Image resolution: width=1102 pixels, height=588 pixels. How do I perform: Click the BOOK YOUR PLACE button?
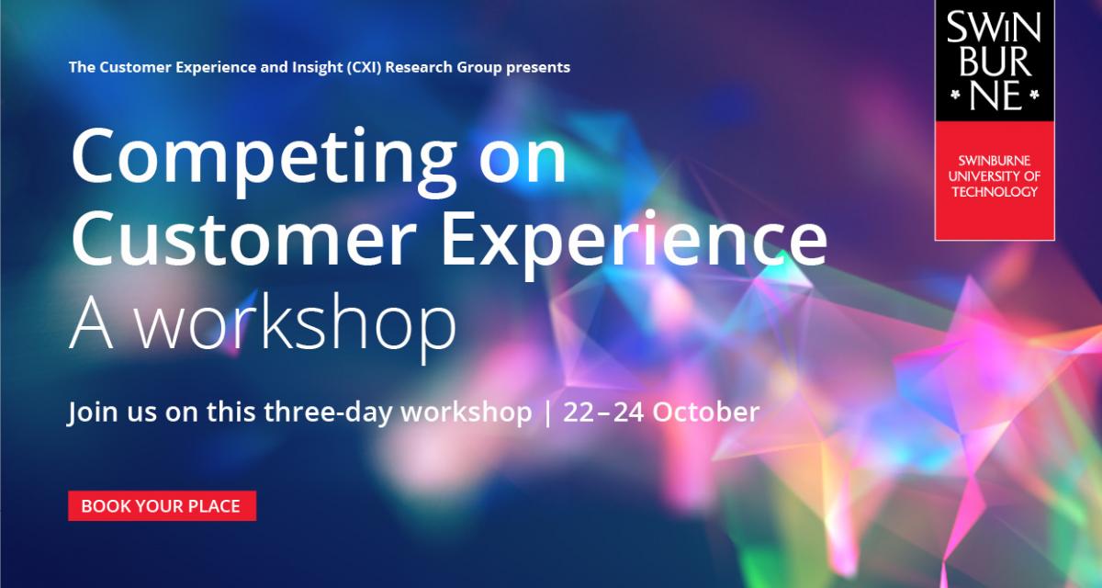click(x=162, y=506)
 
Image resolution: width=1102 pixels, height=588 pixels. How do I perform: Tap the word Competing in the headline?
click(x=264, y=161)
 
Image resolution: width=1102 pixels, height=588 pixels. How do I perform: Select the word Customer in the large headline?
click(x=244, y=239)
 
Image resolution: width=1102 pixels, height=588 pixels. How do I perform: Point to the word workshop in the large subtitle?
click(x=295, y=327)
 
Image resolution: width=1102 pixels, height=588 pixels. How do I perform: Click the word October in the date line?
click(x=706, y=412)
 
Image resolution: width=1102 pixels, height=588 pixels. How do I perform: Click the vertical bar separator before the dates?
click(x=547, y=413)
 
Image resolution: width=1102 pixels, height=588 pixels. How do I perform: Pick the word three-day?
click(x=328, y=413)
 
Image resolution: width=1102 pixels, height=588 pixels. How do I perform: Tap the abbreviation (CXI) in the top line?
click(x=364, y=67)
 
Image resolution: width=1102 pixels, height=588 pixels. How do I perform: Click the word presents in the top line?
click(x=538, y=68)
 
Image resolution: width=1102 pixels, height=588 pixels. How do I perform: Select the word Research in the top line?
click(x=419, y=67)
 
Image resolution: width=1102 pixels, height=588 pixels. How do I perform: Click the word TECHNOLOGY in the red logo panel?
click(x=995, y=192)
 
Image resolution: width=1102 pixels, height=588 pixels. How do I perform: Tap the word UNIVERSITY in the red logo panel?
click(x=980, y=176)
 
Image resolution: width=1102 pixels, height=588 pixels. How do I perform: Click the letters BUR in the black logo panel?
click(x=995, y=62)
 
